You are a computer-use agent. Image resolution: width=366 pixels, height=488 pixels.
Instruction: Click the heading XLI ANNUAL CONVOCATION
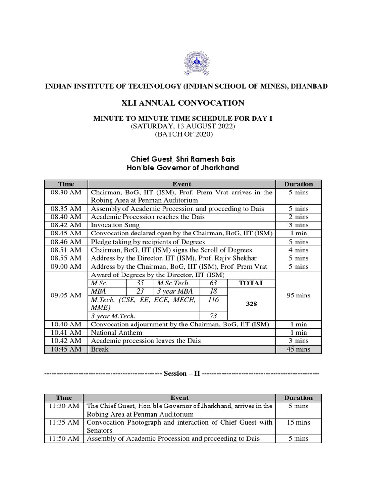[x=183, y=103]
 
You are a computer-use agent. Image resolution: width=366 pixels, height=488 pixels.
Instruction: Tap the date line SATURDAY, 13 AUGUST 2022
[x=183, y=126]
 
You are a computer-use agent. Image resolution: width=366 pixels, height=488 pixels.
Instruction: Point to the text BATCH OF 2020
[x=183, y=134]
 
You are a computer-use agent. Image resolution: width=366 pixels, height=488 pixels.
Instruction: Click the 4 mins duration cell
[x=299, y=250]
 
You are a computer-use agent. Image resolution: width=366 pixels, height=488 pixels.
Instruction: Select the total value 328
[x=251, y=304]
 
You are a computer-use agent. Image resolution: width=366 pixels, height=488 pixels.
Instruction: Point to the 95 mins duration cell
[x=299, y=295]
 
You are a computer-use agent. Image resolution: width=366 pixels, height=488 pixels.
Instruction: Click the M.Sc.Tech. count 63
[x=213, y=283]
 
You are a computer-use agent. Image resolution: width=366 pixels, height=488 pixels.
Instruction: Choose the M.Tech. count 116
[x=213, y=299]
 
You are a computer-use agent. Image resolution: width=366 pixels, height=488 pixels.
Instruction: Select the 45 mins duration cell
[x=299, y=349]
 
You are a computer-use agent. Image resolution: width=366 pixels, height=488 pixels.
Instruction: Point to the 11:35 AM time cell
[x=64, y=422]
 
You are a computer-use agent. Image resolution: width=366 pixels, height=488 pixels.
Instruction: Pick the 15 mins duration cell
[x=299, y=422]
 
